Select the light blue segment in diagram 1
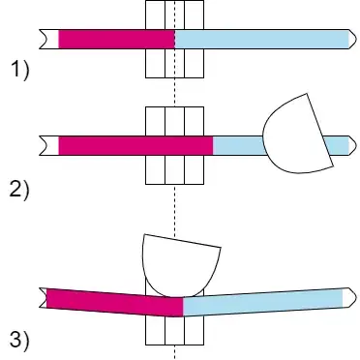click(x=261, y=39)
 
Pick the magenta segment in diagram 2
click(x=135, y=145)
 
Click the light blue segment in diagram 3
click(x=261, y=302)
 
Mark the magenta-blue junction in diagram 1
click(x=174, y=39)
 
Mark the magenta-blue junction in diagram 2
click(x=213, y=145)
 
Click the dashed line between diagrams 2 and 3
click(x=174, y=208)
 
